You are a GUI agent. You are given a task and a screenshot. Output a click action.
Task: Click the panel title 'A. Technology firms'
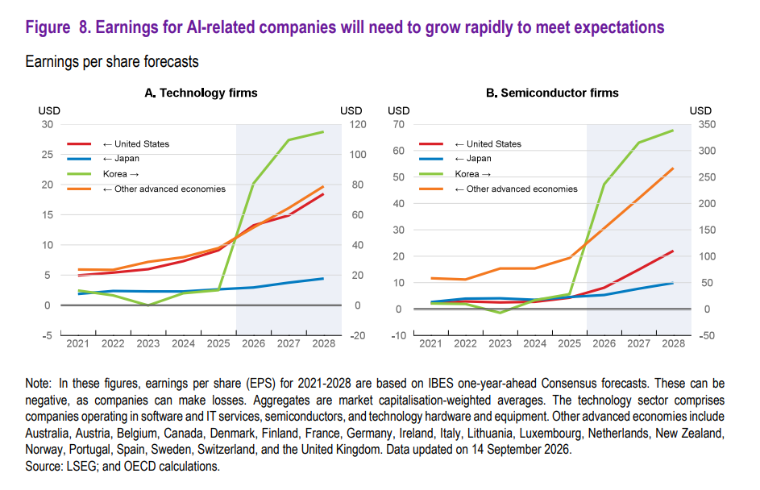click(x=201, y=93)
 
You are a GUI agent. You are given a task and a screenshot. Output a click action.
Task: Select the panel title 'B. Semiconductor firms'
click(x=552, y=93)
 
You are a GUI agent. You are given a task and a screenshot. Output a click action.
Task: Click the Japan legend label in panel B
click(x=473, y=159)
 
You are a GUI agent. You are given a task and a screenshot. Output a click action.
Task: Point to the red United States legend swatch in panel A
click(x=79, y=144)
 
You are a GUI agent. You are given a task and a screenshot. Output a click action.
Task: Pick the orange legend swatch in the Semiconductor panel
click(x=431, y=189)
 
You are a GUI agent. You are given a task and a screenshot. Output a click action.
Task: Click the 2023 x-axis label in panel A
click(x=147, y=343)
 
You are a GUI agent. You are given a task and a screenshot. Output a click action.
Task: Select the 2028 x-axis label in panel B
click(x=673, y=343)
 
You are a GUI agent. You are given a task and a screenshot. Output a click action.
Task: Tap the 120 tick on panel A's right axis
click(x=358, y=125)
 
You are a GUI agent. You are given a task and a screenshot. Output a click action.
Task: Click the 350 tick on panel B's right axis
click(x=707, y=125)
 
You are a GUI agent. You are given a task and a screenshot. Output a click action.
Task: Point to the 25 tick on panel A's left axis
click(x=47, y=155)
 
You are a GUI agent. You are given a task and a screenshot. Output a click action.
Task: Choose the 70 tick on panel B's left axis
click(x=398, y=125)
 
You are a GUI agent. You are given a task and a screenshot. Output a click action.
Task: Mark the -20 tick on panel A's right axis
click(x=358, y=335)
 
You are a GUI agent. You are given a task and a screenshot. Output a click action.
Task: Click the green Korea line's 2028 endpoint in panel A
click(x=323, y=132)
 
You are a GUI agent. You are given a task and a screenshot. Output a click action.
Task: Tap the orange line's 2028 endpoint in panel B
click(x=673, y=168)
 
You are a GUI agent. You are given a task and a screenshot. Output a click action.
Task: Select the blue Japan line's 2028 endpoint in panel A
click(x=323, y=279)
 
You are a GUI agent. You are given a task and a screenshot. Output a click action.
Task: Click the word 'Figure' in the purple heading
click(x=48, y=27)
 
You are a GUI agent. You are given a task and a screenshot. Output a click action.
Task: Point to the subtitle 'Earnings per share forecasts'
click(x=112, y=62)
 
